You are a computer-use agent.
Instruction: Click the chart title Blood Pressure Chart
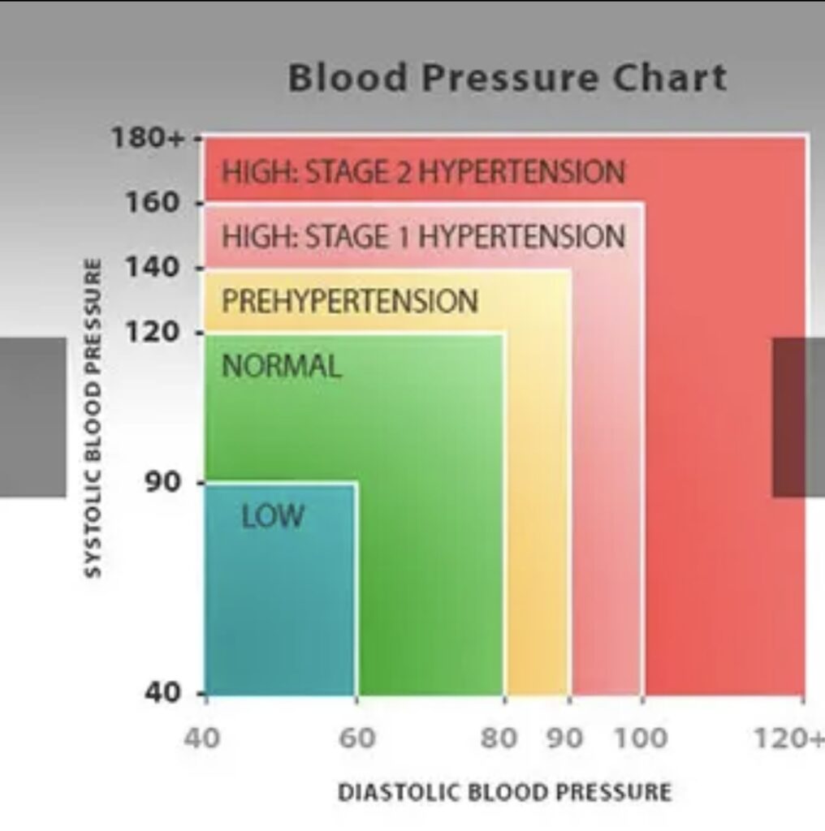tap(508, 79)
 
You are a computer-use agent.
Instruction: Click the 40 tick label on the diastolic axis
tap(201, 738)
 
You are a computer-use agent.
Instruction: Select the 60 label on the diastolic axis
tap(357, 738)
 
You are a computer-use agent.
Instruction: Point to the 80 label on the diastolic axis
tap(499, 738)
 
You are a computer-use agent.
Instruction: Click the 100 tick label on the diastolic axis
tap(640, 738)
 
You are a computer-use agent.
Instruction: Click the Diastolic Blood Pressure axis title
tap(504, 792)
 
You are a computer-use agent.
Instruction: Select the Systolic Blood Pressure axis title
tap(94, 418)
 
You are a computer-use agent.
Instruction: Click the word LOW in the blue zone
tap(273, 516)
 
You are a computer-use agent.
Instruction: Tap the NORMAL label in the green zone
tap(282, 367)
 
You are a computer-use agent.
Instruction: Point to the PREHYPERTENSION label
tap(350, 301)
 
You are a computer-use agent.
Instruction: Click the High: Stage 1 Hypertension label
tap(423, 237)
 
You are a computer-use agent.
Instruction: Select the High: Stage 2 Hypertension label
tap(423, 172)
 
